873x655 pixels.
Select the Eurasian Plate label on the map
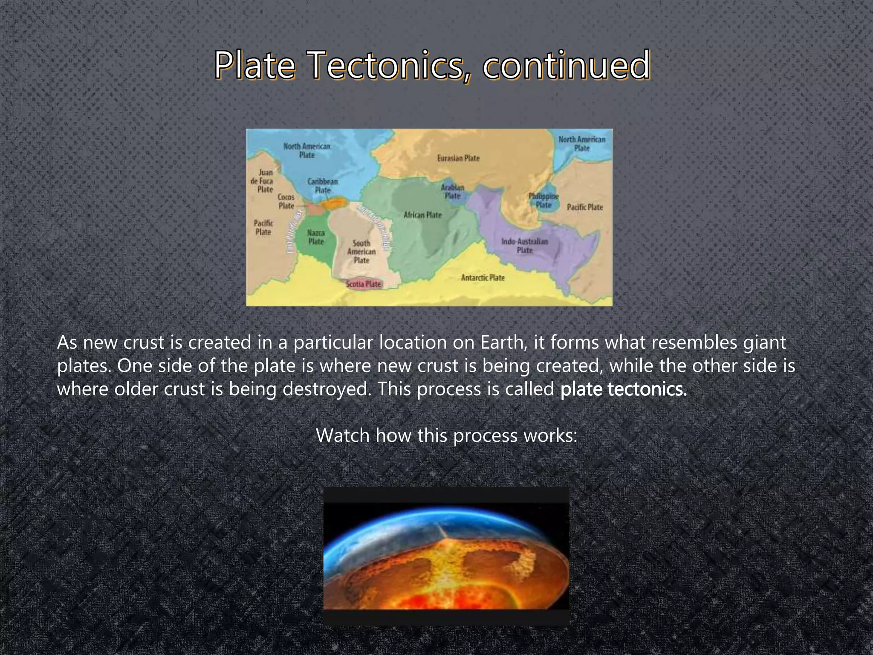coord(458,158)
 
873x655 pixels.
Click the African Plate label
coord(422,215)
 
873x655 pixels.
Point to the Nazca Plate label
coord(316,237)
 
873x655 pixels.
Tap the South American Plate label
coord(361,252)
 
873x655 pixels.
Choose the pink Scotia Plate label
coord(364,284)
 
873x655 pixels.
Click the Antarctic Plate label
coord(483,278)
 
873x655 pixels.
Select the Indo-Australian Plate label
coord(524,246)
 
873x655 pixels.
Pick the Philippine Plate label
coord(543,200)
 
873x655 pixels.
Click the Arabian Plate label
coord(452,191)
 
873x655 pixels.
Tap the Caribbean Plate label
coord(323,185)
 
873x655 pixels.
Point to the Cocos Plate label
coord(286,201)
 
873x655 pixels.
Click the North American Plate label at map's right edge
coord(581,144)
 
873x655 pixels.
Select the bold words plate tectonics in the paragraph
coord(623,389)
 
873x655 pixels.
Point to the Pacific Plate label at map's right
coord(584,207)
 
